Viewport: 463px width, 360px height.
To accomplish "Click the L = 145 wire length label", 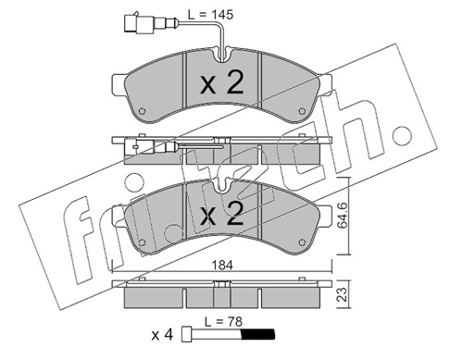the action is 210,15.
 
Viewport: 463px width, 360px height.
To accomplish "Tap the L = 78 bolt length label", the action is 224,322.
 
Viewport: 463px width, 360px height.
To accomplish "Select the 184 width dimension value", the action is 222,265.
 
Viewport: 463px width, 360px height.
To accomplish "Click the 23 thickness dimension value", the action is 342,294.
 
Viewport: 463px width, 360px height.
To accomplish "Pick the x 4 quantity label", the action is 162,335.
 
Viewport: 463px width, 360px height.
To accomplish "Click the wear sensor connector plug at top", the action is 139,21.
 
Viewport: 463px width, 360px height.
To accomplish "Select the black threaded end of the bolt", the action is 257,334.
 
